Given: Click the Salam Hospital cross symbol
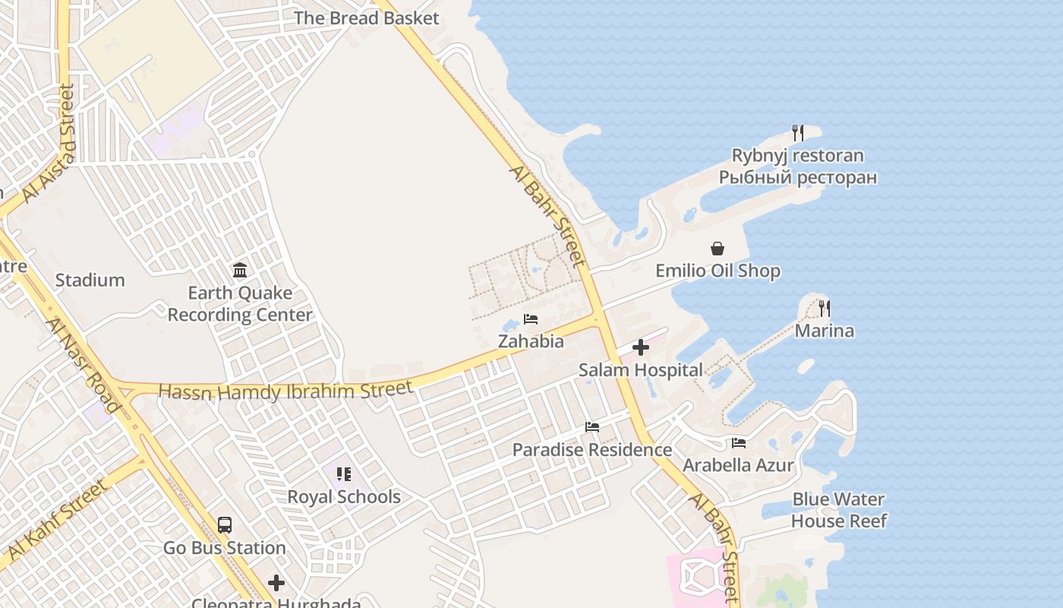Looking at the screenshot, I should [x=641, y=347].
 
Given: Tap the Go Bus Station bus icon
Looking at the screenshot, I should [x=225, y=524].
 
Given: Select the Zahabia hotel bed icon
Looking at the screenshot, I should [x=531, y=319].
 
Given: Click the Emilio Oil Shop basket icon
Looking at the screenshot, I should [x=718, y=249].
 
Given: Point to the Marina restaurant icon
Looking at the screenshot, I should [x=825, y=309].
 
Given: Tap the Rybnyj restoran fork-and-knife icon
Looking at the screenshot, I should [x=798, y=133].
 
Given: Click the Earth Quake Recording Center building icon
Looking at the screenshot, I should [x=240, y=270].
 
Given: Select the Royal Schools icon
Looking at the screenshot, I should [x=344, y=474].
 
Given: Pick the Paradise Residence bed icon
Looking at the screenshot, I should [x=592, y=427].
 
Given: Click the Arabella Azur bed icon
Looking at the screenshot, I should [x=739, y=443].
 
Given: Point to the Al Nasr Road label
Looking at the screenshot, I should [x=83, y=366].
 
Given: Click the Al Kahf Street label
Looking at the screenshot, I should [x=56, y=518].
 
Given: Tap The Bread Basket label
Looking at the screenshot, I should [x=366, y=18].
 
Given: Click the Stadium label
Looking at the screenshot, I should [x=90, y=280].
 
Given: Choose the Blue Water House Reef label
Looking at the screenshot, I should [x=838, y=510].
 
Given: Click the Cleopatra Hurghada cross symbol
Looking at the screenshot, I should [x=276, y=583].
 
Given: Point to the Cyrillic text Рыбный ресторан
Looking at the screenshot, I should [x=798, y=178].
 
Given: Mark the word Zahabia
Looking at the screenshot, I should [x=531, y=341].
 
